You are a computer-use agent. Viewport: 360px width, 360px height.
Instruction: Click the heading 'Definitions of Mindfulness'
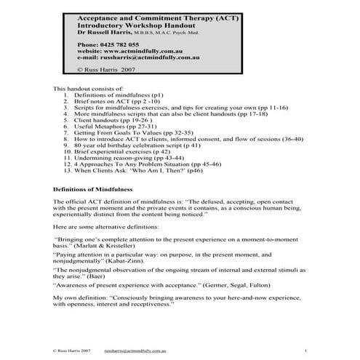pyautogui.click(x=94, y=188)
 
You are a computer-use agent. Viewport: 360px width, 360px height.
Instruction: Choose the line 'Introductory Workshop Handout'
pyautogui.click(x=128, y=25)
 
